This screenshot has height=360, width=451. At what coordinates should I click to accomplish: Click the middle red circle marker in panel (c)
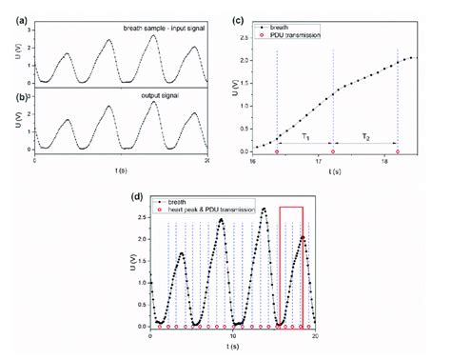[x=332, y=151]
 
